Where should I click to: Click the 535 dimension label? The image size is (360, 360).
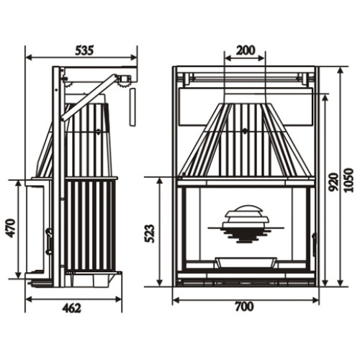coord(85,50)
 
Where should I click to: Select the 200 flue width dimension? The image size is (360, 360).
coord(246,50)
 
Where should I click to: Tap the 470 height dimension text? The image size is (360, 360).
coord(11,228)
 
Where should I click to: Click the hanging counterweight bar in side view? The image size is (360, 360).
coord(132,107)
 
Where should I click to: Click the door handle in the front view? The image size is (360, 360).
coord(314,240)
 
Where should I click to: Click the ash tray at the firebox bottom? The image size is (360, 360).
coord(246,260)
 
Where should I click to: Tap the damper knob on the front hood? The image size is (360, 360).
coord(246,132)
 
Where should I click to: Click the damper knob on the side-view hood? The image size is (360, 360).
coord(99,132)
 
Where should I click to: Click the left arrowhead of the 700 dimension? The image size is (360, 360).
coord(176,297)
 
